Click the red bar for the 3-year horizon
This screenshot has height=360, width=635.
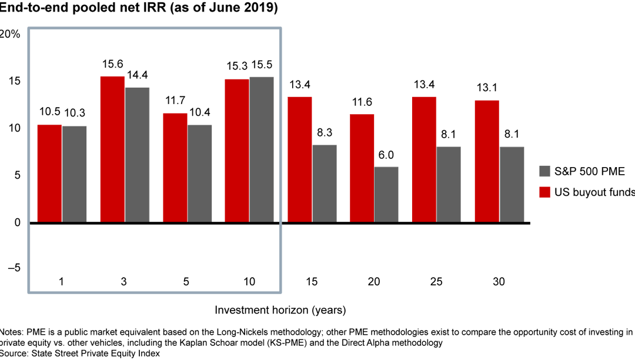pos(112,149)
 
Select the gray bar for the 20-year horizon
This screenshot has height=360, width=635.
pos(386,195)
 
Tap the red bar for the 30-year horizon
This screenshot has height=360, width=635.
pos(487,162)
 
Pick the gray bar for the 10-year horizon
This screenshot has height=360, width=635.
pos(262,150)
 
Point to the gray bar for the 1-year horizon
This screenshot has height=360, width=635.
pos(74,174)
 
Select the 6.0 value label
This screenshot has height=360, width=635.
pos(386,156)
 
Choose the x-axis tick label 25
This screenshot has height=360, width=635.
pos(436,282)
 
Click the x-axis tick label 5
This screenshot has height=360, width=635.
pos(186,282)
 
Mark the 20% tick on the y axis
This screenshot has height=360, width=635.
pos(9,34)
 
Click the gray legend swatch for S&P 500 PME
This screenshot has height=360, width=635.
pos(544,172)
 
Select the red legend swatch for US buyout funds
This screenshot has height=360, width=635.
pos(544,192)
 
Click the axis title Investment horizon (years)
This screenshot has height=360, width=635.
pos(280,309)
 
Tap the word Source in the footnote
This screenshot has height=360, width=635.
pos(15,354)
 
